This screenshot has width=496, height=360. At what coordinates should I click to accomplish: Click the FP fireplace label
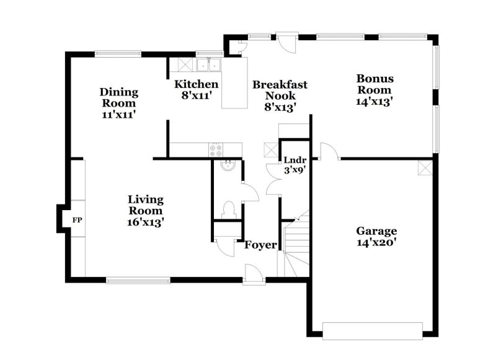[77, 220]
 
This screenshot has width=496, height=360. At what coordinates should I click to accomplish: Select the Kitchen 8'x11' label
[196, 90]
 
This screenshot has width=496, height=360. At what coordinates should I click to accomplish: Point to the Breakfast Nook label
[280, 95]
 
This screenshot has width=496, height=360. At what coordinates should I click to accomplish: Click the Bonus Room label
[374, 89]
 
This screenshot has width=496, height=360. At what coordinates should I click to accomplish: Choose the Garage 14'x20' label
[376, 237]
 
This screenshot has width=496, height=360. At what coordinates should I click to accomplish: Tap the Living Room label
[146, 210]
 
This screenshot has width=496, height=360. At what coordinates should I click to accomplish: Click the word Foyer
[260, 245]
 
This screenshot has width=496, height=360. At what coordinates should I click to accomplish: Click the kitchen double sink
[210, 64]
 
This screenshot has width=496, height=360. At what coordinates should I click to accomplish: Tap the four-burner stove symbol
[216, 149]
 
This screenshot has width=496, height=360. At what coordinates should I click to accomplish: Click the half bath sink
[227, 165]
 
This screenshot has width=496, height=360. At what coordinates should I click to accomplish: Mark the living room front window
[138, 280]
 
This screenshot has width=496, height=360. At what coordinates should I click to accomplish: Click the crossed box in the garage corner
[425, 167]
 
